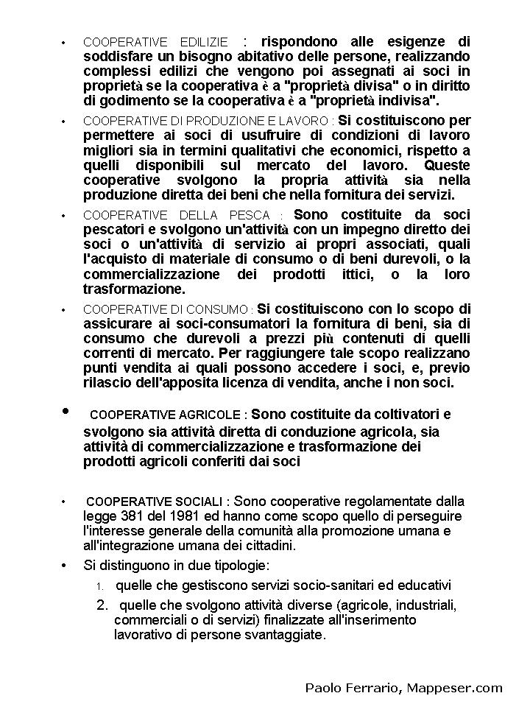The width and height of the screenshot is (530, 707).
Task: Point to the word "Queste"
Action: pos(447,165)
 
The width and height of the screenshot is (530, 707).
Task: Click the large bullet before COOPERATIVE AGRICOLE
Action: pos(66,411)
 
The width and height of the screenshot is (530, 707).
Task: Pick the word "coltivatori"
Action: pos(395,414)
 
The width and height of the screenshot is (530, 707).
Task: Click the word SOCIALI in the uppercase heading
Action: pos(197,502)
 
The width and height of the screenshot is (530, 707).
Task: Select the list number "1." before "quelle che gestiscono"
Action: pos(101,587)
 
